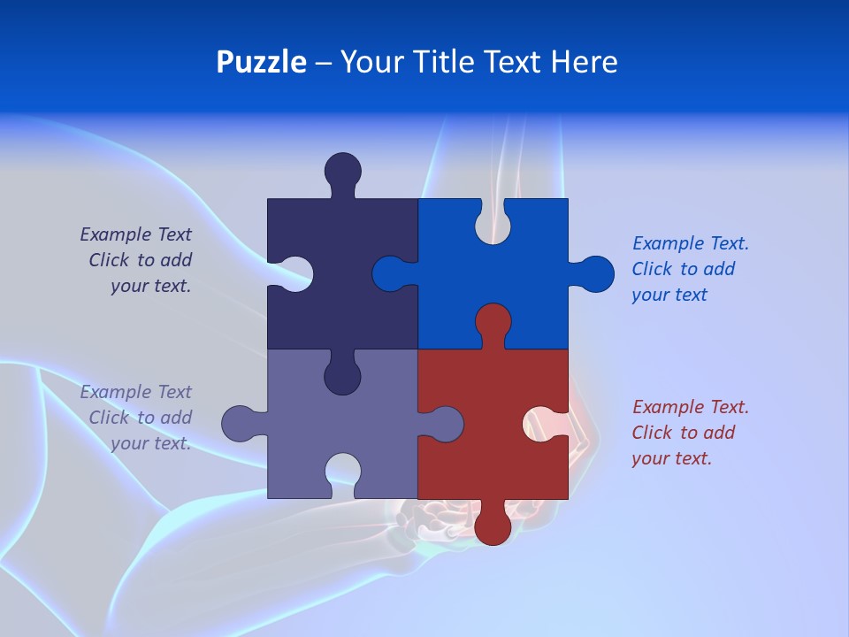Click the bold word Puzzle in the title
pyautogui.click(x=261, y=63)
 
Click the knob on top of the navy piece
pyautogui.click(x=343, y=170)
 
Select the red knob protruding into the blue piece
pyautogui.click(x=493, y=321)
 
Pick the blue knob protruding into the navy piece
pyautogui.click(x=390, y=274)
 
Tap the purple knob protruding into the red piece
pyautogui.click(x=445, y=424)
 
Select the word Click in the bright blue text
pyautogui.click(x=652, y=269)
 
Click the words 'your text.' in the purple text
pyautogui.click(x=151, y=443)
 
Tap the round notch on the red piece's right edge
pyautogui.click(x=547, y=423)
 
